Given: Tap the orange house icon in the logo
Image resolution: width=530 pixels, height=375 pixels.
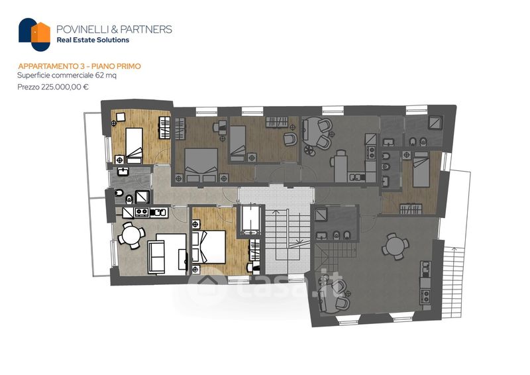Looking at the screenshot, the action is (41, 33).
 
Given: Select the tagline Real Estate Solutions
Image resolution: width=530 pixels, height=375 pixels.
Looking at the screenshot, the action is (93, 40).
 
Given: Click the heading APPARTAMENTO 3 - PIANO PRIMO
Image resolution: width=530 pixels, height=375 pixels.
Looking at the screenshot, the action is (79, 66).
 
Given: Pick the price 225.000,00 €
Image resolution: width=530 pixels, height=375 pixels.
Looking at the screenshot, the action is (65, 87).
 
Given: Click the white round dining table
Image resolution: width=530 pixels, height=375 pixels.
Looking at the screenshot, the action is (131, 235).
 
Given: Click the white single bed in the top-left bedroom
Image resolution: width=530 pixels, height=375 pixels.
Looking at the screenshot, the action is (134, 145).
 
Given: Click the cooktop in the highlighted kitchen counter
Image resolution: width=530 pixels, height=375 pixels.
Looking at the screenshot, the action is (142, 213).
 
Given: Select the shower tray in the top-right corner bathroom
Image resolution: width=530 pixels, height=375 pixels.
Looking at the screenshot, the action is (435, 123).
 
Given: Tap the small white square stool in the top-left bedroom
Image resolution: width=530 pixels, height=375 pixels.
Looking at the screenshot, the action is (121, 117).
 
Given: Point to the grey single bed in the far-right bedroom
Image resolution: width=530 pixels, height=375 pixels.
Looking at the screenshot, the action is (421, 169).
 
